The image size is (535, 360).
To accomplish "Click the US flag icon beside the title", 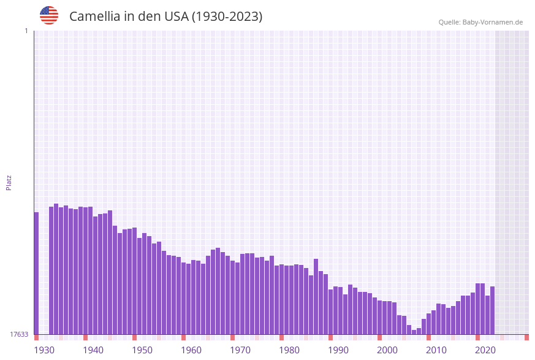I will click(x=49, y=15).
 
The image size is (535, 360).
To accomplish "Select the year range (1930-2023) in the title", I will click(x=227, y=17).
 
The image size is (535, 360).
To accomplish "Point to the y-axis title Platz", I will click(x=9, y=183).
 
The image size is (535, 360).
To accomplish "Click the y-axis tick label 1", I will click(x=26, y=31).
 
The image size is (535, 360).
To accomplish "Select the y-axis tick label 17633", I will click(x=19, y=334).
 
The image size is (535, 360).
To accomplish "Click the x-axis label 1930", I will click(x=44, y=350).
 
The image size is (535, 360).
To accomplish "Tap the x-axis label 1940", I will click(x=93, y=350).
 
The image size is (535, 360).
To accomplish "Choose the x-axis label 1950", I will click(x=142, y=350).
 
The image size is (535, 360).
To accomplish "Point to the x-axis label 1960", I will click(x=191, y=350).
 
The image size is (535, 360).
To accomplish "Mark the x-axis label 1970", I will click(x=240, y=350).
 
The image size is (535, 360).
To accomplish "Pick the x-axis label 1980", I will click(x=289, y=350).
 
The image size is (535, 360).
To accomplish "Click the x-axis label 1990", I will click(x=338, y=350).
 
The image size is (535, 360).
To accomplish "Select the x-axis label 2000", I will click(x=387, y=350).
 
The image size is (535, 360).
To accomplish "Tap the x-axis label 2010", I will click(x=436, y=350).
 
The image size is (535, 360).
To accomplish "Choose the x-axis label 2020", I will click(x=485, y=350).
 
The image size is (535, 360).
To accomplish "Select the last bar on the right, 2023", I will click(x=492, y=310).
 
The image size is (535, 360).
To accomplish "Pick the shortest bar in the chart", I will click(x=414, y=332).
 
